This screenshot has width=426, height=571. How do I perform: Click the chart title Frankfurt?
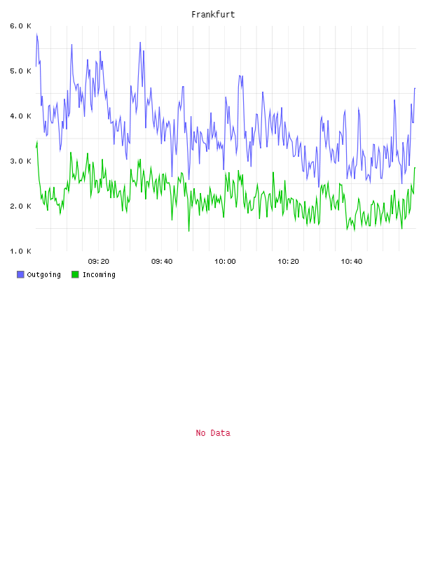tap(213, 14)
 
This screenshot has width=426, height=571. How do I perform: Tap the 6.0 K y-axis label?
tap(21, 26)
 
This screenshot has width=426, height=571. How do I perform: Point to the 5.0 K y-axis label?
tap(21, 71)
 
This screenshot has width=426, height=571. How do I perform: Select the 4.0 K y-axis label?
tap(21, 115)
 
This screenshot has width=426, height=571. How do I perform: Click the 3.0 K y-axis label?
tap(21, 161)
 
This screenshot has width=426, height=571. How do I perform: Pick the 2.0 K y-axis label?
tap(21, 206)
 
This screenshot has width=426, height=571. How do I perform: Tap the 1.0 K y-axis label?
tap(21, 251)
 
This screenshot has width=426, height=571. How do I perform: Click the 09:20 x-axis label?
tap(99, 261)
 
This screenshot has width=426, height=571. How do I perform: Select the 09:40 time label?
tap(162, 261)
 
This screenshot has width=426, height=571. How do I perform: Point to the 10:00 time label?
tap(225, 261)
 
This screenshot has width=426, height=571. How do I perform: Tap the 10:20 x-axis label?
tap(288, 261)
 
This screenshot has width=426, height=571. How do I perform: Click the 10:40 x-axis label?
tap(352, 261)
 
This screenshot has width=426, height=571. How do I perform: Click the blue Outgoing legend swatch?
tap(20, 274)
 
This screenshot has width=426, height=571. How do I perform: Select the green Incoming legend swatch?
tap(75, 274)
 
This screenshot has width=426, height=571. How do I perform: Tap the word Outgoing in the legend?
tap(43, 274)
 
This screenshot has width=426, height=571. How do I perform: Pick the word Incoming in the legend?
tap(99, 274)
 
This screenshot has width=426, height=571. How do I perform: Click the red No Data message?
tap(213, 432)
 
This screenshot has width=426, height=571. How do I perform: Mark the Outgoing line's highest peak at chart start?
tap(37, 34)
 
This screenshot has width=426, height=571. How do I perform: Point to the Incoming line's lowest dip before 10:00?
tap(189, 231)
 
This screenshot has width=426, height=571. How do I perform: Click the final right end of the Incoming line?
tap(415, 167)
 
